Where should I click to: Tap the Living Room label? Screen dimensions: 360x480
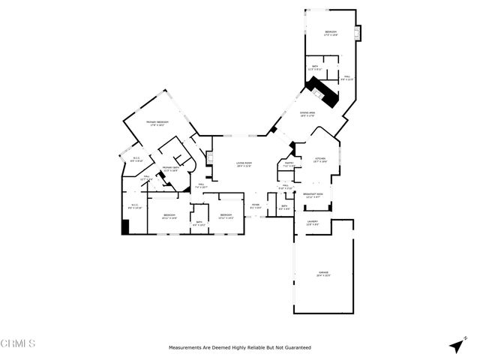pyautogui.click(x=244, y=164)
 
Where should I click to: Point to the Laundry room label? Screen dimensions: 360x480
pyautogui.click(x=313, y=223)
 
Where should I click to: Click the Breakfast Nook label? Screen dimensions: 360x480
pyautogui.click(x=313, y=195)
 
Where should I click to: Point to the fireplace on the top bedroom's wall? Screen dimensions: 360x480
pyautogui.click(x=358, y=34)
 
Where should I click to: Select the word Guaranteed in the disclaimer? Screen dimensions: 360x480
pyautogui.click(x=296, y=348)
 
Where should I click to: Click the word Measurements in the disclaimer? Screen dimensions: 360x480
pyautogui.click(x=186, y=348)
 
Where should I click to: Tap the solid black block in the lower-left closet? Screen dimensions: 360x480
pyautogui.click(x=125, y=226)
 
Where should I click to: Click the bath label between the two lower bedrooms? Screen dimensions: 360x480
pyautogui.click(x=198, y=223)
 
